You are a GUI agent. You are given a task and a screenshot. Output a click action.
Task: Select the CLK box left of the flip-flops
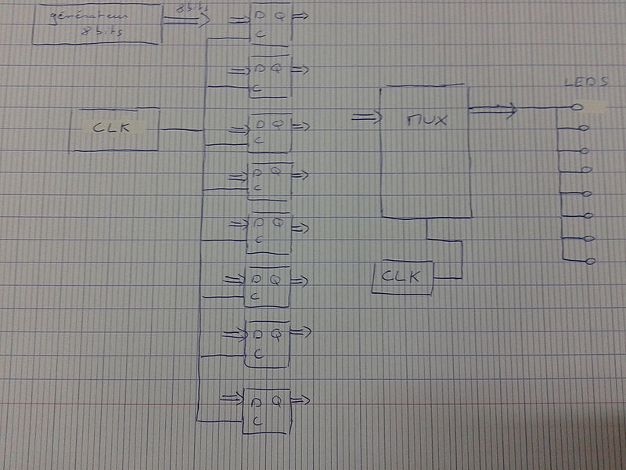pyautogui.click(x=114, y=129)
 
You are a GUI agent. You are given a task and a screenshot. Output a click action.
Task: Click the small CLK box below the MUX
pyautogui.click(x=401, y=277)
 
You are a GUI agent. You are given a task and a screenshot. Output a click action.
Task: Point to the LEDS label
pyautogui.click(x=586, y=82)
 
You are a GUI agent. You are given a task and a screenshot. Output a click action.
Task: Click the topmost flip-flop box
pyautogui.click(x=269, y=23)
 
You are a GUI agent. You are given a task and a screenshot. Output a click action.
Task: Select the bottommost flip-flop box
pyautogui.click(x=267, y=410)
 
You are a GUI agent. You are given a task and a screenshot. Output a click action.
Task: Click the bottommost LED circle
pyautogui.click(x=590, y=261)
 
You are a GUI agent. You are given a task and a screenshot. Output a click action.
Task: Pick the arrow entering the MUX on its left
pyautogui.click(x=365, y=118)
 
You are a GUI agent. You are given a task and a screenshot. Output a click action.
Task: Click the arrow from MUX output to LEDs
pyautogui.click(x=494, y=110)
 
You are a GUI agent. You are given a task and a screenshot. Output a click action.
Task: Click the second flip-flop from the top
pyautogui.click(x=269, y=76)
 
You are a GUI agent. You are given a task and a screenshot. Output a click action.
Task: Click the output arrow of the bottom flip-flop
pyautogui.click(x=302, y=401)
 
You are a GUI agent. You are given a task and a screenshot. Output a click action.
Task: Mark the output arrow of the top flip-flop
pyautogui.click(x=302, y=16)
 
